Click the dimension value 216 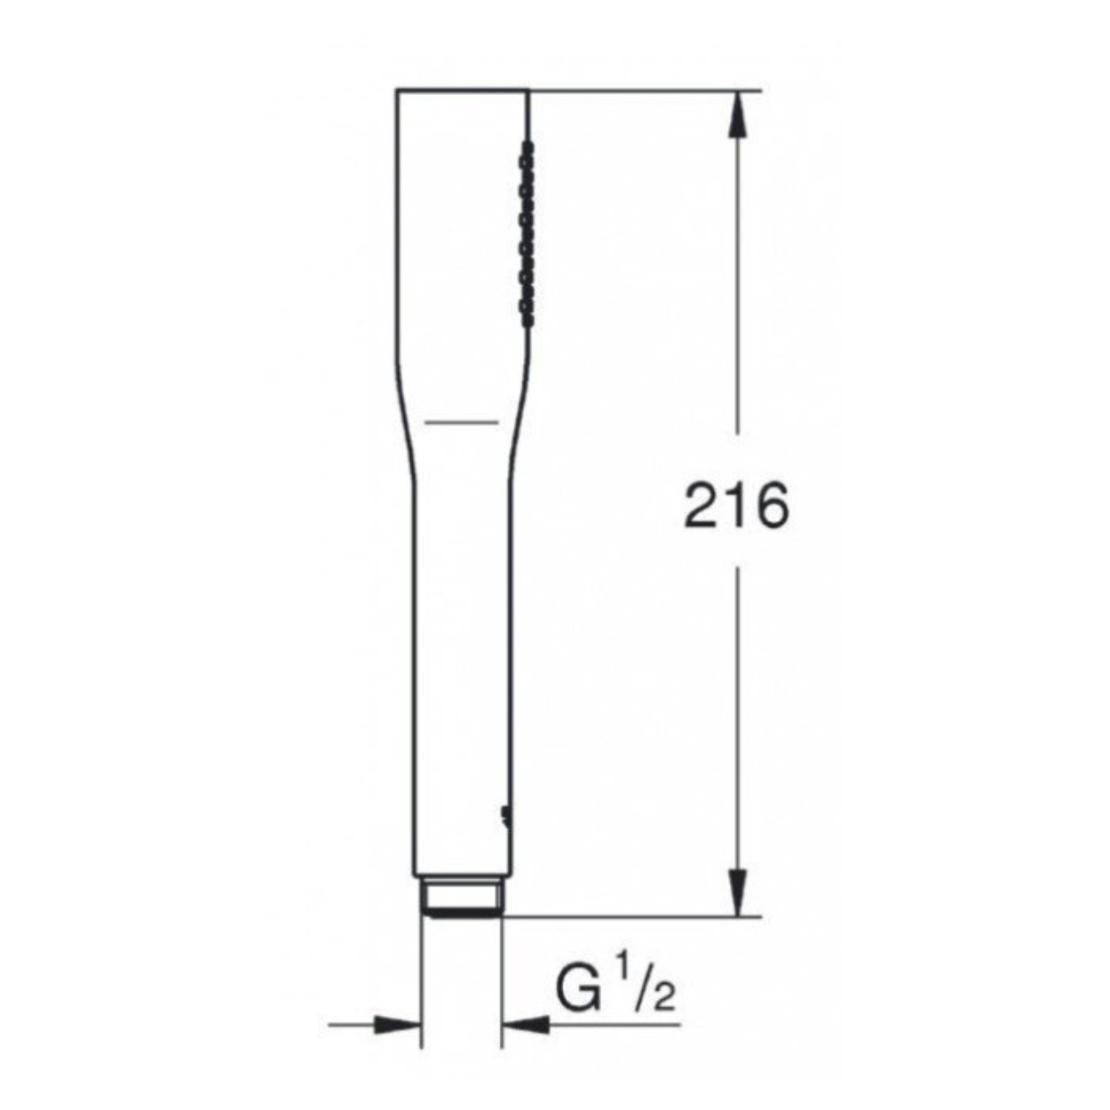click(735, 506)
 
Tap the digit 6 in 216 click(770, 506)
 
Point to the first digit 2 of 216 click(701, 506)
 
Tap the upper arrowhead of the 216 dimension click(738, 114)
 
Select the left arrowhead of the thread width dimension click(398, 1025)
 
